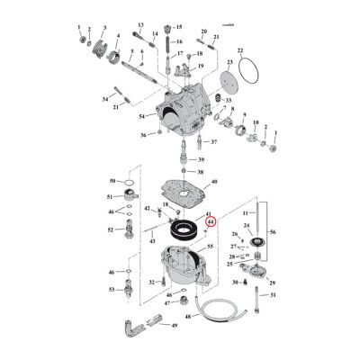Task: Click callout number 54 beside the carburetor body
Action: pyautogui.click(x=142, y=117)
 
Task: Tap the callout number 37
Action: pyautogui.click(x=213, y=142)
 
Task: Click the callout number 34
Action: pyautogui.click(x=104, y=97)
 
